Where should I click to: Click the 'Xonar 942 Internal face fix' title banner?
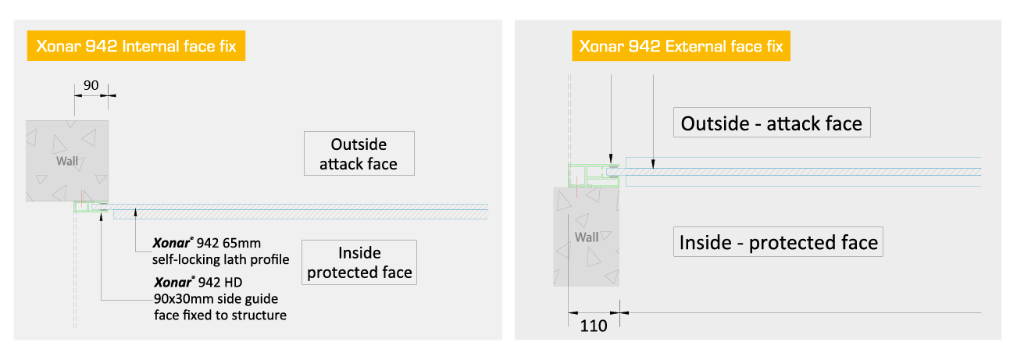point(136,46)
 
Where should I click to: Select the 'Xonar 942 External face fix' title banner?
point(681,46)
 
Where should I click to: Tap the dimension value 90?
point(91,85)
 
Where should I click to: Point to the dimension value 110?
point(594,326)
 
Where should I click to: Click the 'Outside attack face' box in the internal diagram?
point(359,153)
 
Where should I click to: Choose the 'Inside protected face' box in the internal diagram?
point(359,262)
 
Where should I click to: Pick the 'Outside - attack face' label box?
point(772,123)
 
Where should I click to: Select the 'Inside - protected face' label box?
point(778,242)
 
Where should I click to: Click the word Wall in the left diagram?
point(67,161)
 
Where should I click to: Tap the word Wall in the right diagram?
point(587,237)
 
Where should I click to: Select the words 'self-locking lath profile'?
point(220,260)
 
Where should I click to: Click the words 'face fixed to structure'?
point(220,315)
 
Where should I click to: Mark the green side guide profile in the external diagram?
point(594,176)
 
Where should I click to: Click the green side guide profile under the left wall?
point(91,207)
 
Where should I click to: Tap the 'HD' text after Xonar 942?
point(234,283)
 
